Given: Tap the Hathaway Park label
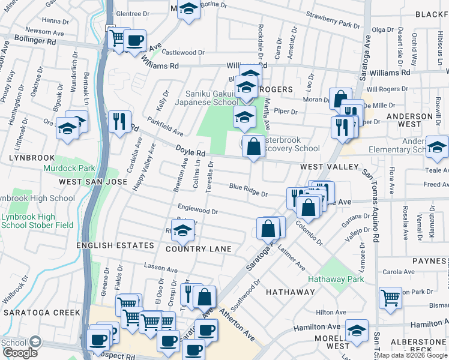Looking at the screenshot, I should [336, 279].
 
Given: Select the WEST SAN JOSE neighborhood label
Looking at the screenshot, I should [92, 181].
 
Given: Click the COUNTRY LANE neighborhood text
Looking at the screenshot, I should [198, 248].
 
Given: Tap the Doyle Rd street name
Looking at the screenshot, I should [191, 151].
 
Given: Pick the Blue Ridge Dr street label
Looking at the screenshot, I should [248, 190].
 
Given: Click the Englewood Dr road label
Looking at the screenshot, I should [197, 211].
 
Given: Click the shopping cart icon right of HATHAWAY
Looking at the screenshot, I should [390, 296].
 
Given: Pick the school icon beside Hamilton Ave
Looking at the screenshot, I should [357, 332].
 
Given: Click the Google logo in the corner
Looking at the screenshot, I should [20, 353].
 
